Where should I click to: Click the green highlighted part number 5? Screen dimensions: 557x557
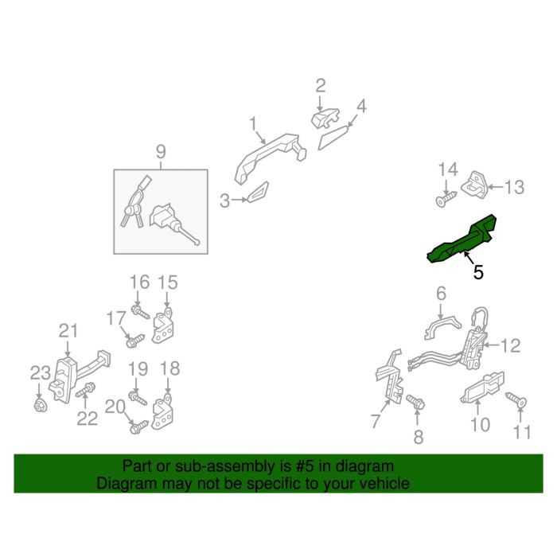[462, 240]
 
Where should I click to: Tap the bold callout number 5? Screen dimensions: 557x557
[478, 272]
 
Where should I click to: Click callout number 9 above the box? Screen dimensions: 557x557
[161, 152]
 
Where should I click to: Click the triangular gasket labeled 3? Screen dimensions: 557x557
[259, 193]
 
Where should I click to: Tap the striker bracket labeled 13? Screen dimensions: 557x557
[474, 185]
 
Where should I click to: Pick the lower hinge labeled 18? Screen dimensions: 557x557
[162, 412]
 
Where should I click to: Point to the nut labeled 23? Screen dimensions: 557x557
[40, 405]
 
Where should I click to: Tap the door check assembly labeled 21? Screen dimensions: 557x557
[79, 376]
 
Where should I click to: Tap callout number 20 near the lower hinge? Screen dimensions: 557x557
[115, 407]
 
